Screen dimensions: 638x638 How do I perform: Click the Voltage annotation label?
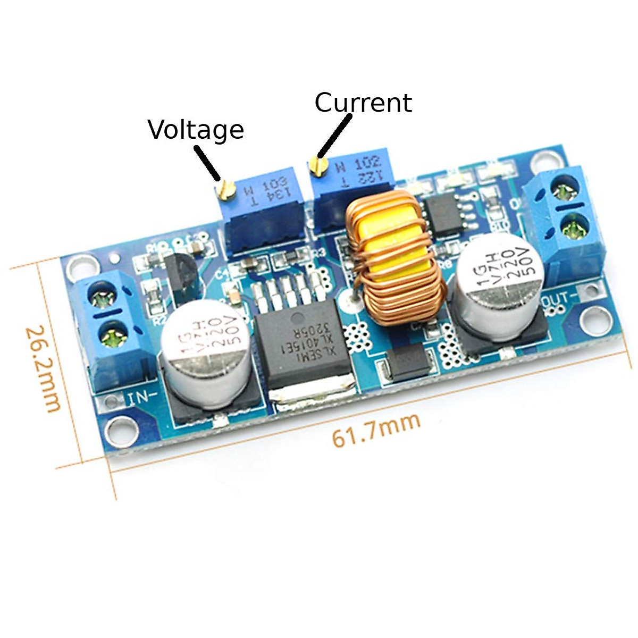(x=196, y=130)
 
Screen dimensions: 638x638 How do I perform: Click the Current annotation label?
(x=363, y=103)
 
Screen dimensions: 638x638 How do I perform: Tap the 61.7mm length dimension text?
(x=376, y=430)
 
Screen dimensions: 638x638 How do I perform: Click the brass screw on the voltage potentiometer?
(x=227, y=189)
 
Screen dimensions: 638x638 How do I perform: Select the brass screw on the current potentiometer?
(x=318, y=166)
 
